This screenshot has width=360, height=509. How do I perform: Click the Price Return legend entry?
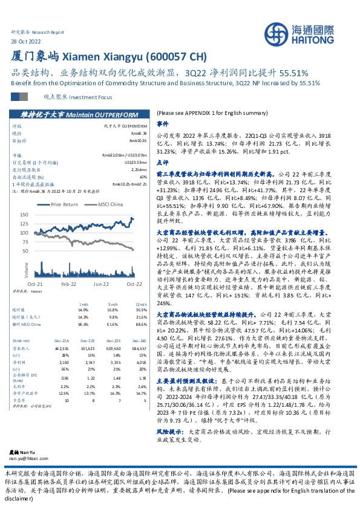click(x=65, y=204)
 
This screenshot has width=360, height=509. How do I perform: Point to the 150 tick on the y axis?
click(x=24, y=215)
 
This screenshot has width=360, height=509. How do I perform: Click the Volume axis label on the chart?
click(x=27, y=270)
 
